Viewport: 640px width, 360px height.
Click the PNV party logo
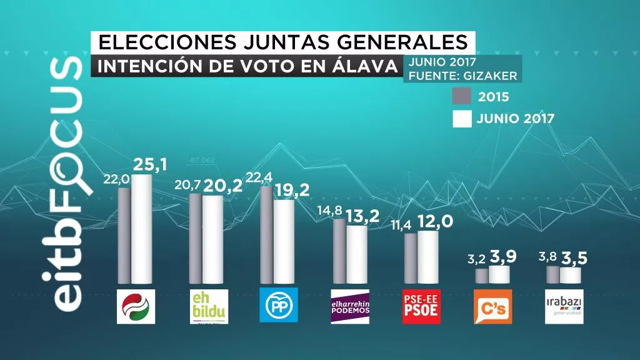(x=137, y=306)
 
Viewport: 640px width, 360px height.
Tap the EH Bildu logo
(x=208, y=306)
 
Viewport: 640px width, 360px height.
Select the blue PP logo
(x=279, y=305)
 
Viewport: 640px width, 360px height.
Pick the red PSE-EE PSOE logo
(x=421, y=306)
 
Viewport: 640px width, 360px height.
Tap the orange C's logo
(x=492, y=306)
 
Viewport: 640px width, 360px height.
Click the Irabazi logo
(x=564, y=306)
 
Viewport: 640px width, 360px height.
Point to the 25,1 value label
(x=151, y=165)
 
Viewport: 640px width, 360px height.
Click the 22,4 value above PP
(x=260, y=178)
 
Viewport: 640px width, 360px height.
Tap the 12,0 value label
(x=435, y=222)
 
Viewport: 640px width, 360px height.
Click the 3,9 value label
(x=502, y=256)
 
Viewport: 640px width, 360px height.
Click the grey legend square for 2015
(x=462, y=97)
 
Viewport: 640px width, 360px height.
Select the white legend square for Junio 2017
(x=462, y=119)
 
